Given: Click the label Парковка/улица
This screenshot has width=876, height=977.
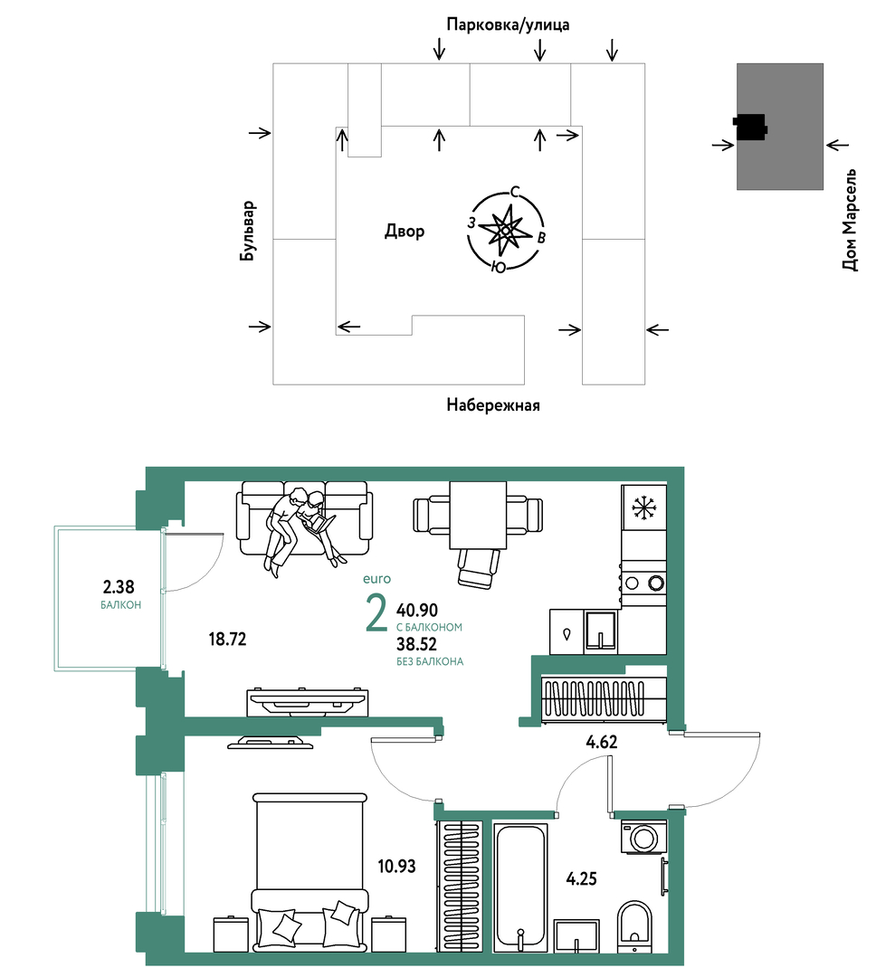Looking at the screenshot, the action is pos(508,24).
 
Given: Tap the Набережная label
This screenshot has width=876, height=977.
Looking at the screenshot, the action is pos(493,405).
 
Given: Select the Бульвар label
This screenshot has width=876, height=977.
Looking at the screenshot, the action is pos(248,231).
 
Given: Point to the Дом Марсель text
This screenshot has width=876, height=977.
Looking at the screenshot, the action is pos(850,220).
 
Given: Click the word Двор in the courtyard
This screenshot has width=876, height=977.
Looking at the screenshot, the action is pos(405,232).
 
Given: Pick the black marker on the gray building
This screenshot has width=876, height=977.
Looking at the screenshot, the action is pos(750,128).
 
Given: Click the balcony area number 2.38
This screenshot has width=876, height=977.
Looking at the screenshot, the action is pos(119,587).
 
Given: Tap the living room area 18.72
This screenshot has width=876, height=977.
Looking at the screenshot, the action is pos(227,639).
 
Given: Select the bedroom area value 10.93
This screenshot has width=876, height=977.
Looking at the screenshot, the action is pos(396,866).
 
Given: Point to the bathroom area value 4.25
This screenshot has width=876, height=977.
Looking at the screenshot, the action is pos(581,878).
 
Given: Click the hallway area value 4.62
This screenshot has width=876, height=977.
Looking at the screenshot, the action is pos(602,742).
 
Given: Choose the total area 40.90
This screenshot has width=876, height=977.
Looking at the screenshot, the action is pos(417,610).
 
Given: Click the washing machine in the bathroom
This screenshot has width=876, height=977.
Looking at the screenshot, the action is pos(644,837).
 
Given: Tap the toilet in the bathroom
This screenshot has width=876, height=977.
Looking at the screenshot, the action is pos(634,926).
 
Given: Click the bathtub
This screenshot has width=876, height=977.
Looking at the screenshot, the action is pos(521,887).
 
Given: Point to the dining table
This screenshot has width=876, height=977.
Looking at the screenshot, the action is pos(478,516).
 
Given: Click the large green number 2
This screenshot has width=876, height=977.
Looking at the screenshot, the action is pos(376,613).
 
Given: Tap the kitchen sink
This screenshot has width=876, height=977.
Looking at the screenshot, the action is pos(601,631).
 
